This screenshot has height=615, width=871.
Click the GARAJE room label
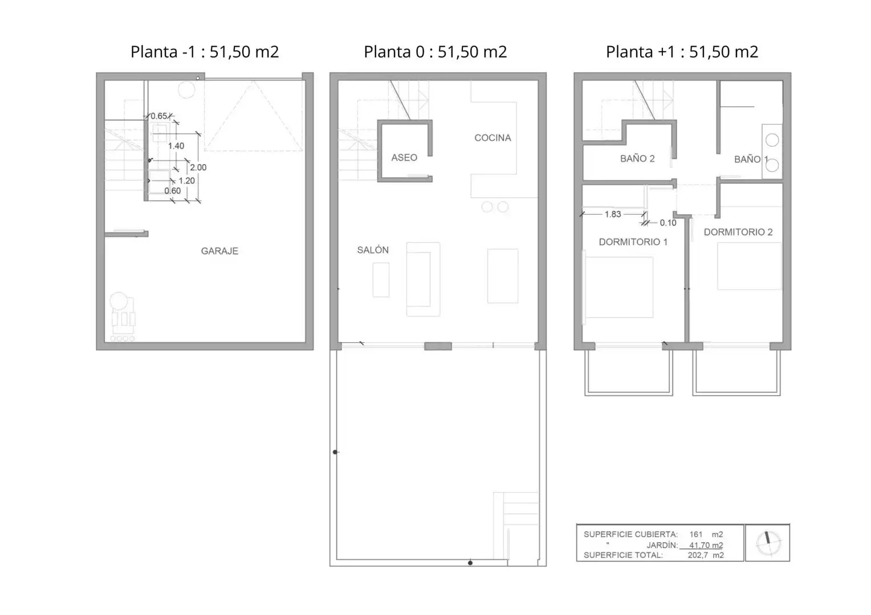point(219,251)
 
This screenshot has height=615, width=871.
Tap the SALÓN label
point(373,250)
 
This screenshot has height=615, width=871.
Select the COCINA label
point(493,138)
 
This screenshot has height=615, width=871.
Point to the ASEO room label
point(404,157)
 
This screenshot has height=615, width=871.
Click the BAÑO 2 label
point(637,158)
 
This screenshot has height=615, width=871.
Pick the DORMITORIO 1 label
point(633,242)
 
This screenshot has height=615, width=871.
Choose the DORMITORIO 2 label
point(738,232)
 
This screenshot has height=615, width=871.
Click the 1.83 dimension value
point(613,214)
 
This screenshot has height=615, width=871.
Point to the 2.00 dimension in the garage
point(198,167)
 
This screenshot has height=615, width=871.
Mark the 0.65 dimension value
point(158,116)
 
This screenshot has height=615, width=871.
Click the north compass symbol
point(768,542)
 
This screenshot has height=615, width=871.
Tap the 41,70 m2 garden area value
point(706,545)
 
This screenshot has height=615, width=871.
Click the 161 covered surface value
point(695,535)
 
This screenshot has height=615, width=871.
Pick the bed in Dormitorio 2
point(749,266)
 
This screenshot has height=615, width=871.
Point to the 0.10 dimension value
point(668,223)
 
